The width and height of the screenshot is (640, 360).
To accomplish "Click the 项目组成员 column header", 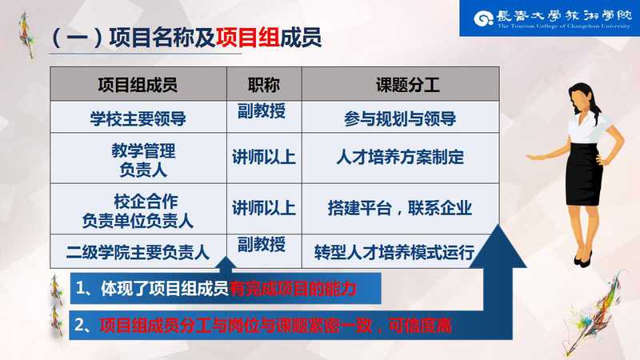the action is pos(138,86).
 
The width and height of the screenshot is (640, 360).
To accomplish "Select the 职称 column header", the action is pos(264,86).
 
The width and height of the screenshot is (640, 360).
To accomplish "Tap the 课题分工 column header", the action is pos(408,86).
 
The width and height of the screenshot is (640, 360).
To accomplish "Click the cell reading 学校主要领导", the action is pos(138,118).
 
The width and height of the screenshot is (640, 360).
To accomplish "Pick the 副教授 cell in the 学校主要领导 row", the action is pos(262,110).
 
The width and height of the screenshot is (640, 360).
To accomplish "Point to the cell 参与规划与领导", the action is pos(400,118).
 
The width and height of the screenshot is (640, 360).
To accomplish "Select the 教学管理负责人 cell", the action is pos(143,160).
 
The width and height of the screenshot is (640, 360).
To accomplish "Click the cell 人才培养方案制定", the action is pos(400,157).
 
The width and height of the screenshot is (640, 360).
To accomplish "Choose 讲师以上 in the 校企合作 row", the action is pos(264,208).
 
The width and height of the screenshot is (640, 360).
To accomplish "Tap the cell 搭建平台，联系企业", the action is pos(400,208).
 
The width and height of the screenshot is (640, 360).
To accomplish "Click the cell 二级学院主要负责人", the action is pos(138,252).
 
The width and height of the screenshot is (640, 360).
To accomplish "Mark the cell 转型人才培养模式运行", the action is pos(394,252).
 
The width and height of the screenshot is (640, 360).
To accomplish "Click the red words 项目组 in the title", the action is pos(248,38).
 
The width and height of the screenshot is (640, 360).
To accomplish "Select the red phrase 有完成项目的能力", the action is pos(293,289).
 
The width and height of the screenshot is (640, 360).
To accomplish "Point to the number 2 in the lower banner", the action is pos(80,326).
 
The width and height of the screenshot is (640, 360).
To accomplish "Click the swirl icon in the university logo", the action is pos(484,18).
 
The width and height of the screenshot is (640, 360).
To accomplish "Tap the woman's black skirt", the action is pos(585,174).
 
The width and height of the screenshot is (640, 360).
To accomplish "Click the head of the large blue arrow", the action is pos(498,247).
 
